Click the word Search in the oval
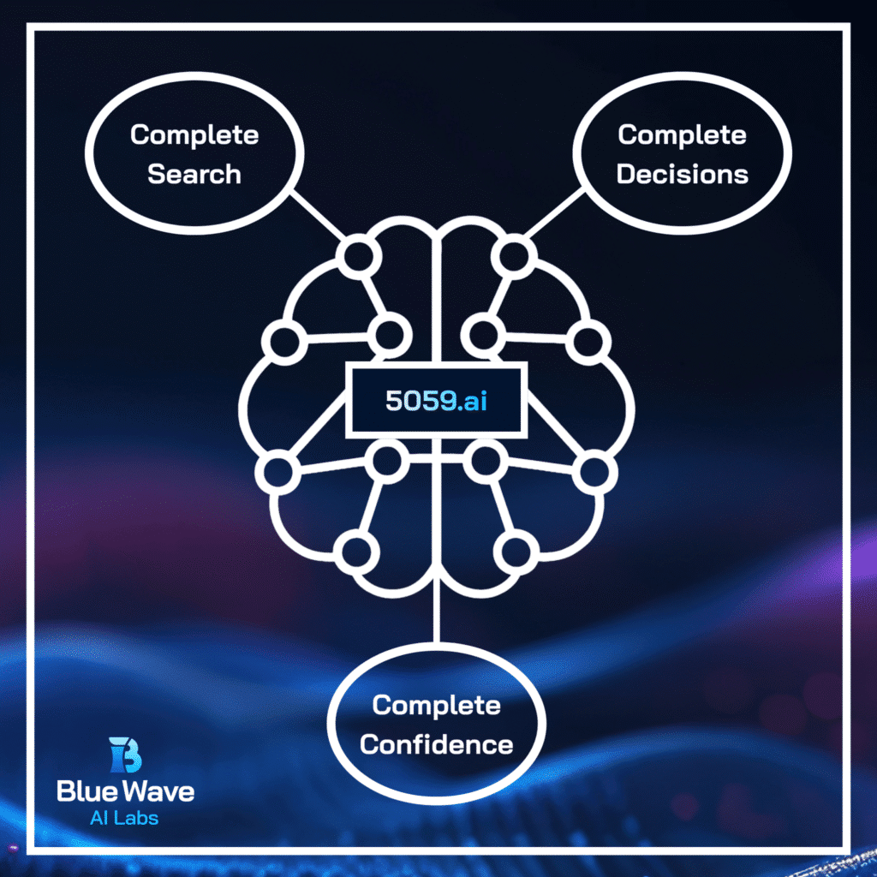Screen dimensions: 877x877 point(194,174)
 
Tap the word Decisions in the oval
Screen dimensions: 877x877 point(683,174)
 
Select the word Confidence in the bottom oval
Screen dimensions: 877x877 point(436,743)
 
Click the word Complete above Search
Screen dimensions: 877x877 point(194,134)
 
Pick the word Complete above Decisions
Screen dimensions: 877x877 point(683,134)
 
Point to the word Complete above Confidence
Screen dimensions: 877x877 point(436,706)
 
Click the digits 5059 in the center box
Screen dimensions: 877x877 point(417,401)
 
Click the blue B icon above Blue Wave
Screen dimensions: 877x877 point(125,755)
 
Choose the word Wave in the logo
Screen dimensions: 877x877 point(160,790)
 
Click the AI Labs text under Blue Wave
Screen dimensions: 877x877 point(124,818)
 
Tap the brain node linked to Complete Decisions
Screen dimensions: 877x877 point(515,255)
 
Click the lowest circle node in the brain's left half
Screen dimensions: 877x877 point(354,550)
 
